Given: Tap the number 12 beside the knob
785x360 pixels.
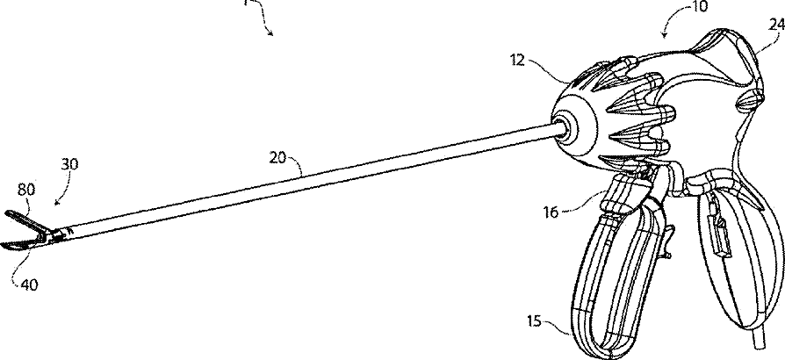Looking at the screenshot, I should point(542,61).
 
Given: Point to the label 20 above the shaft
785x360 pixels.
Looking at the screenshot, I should point(278,157).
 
